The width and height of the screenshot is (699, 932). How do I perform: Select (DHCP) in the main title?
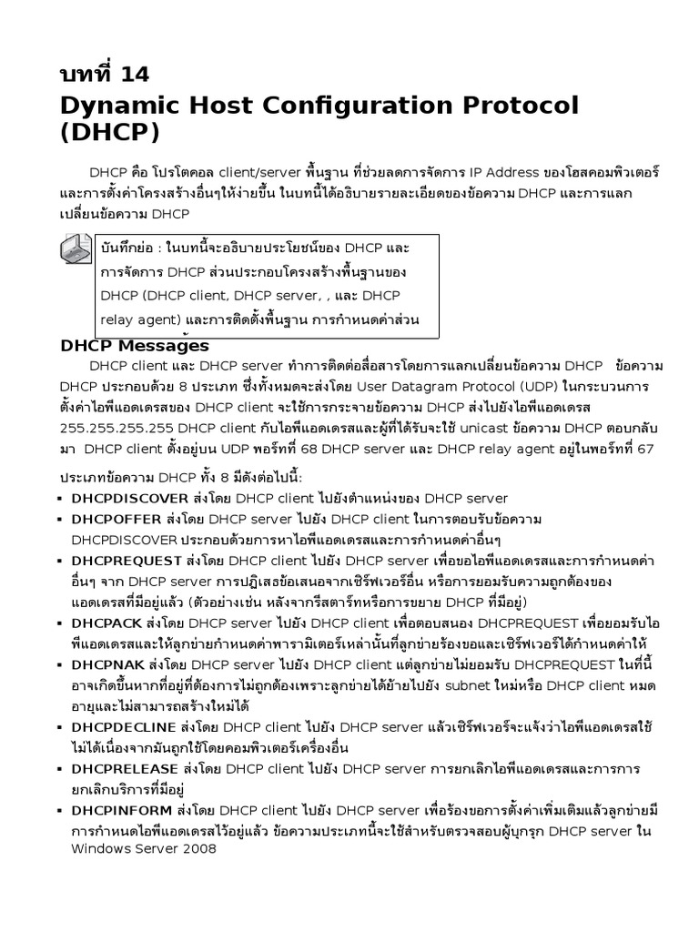(x=108, y=133)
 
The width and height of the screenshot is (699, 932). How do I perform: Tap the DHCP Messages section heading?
(x=134, y=346)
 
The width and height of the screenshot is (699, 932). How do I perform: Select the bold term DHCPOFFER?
(x=116, y=519)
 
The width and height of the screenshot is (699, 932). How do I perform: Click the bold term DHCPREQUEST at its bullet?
(x=127, y=561)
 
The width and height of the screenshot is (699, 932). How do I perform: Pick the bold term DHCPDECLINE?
(x=125, y=727)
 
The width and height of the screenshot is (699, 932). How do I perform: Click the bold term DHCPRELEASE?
(x=124, y=769)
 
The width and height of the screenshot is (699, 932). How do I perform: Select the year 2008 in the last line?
(x=199, y=849)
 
